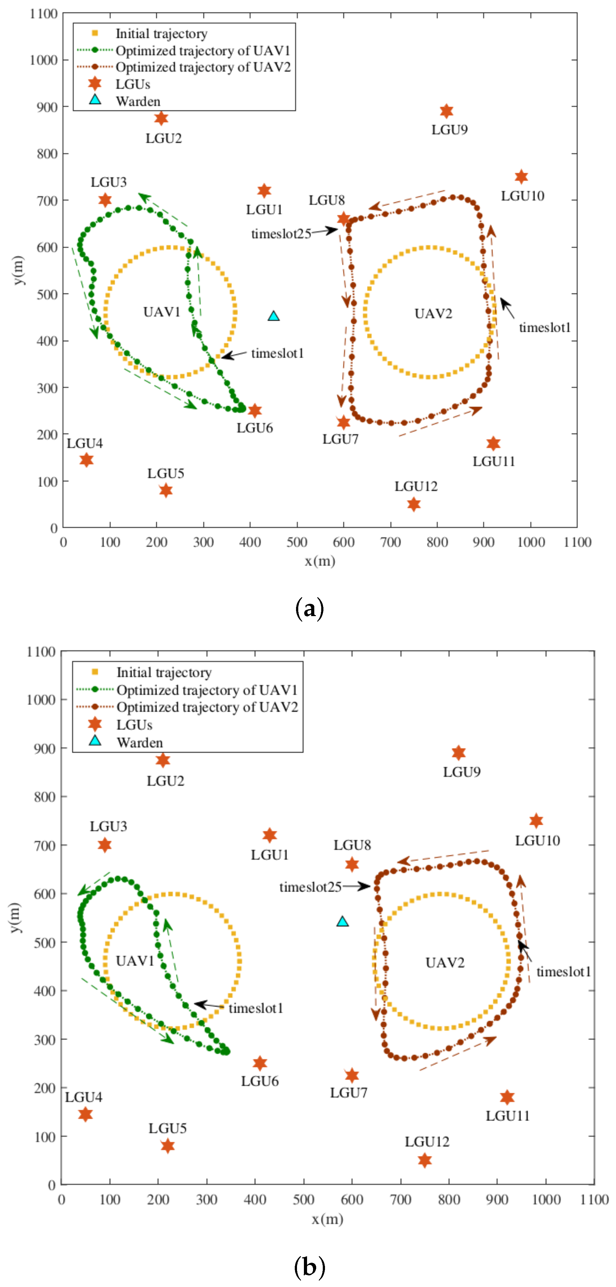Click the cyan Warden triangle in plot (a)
[274, 316]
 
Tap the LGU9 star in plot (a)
[447, 111]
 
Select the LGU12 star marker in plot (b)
[425, 1160]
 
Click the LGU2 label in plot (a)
[164, 138]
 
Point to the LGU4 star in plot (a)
[87, 460]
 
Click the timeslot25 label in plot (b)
[310, 887]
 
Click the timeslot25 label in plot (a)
[281, 234]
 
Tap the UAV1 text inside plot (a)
[162, 312]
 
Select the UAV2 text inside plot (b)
[445, 963]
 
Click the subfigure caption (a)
[310, 609]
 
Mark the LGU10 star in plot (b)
[536, 821]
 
